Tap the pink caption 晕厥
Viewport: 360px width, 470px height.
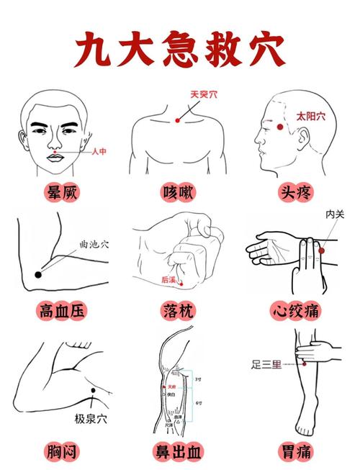tap(62, 193)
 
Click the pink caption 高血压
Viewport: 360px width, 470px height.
tap(62, 311)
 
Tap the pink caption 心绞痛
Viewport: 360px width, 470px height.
tap(296, 311)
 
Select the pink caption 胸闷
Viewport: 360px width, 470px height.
tap(62, 451)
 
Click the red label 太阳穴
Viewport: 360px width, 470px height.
tap(311, 116)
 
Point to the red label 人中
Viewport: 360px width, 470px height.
tap(99, 152)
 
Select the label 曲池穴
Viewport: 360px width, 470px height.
tap(94, 245)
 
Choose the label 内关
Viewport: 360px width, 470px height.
tap(335, 214)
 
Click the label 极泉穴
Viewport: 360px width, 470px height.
tap(91, 418)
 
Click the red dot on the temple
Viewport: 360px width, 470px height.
tap(281, 127)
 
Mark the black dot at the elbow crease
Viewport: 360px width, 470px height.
tap(38, 274)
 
